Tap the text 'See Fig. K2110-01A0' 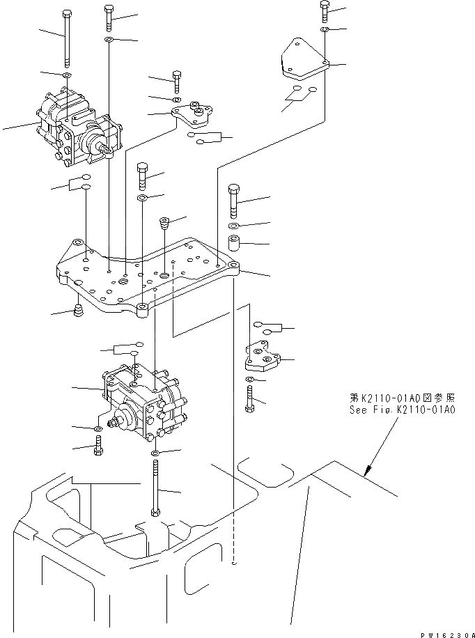403,410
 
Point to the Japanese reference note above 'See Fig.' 403,398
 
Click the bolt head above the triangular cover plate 325,7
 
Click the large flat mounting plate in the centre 146,275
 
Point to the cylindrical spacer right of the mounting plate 234,245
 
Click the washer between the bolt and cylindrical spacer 234,226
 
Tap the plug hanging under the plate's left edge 78,310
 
